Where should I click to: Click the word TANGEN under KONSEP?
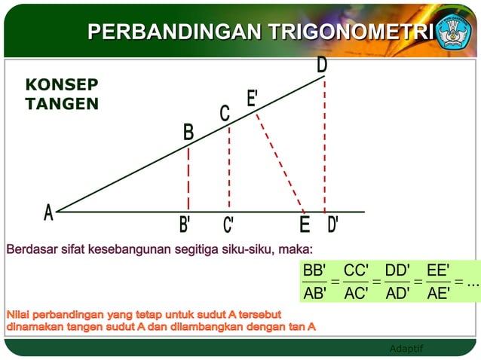62,104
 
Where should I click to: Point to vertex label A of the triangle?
48,214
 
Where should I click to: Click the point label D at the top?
322,66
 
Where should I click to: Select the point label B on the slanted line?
188,133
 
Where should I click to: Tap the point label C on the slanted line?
225,114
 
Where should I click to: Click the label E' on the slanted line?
253,98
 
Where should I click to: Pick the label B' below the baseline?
185,224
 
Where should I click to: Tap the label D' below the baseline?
332,224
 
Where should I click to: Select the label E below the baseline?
305,224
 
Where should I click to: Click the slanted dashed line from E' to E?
280,163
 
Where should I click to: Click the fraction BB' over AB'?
314,282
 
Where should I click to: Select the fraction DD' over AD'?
397,282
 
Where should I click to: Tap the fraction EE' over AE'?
438,282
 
